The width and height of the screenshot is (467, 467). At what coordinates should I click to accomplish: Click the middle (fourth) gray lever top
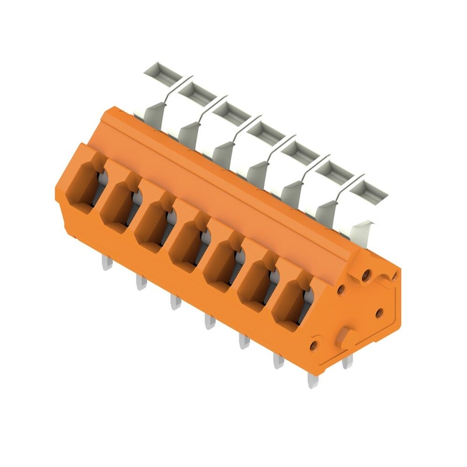pos(265,131)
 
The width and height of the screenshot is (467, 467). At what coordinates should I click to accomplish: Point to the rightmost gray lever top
pos(368,189)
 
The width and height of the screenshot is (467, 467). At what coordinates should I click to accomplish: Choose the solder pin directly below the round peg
pos(347,362)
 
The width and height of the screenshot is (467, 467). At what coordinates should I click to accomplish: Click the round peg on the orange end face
pos(346,336)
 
